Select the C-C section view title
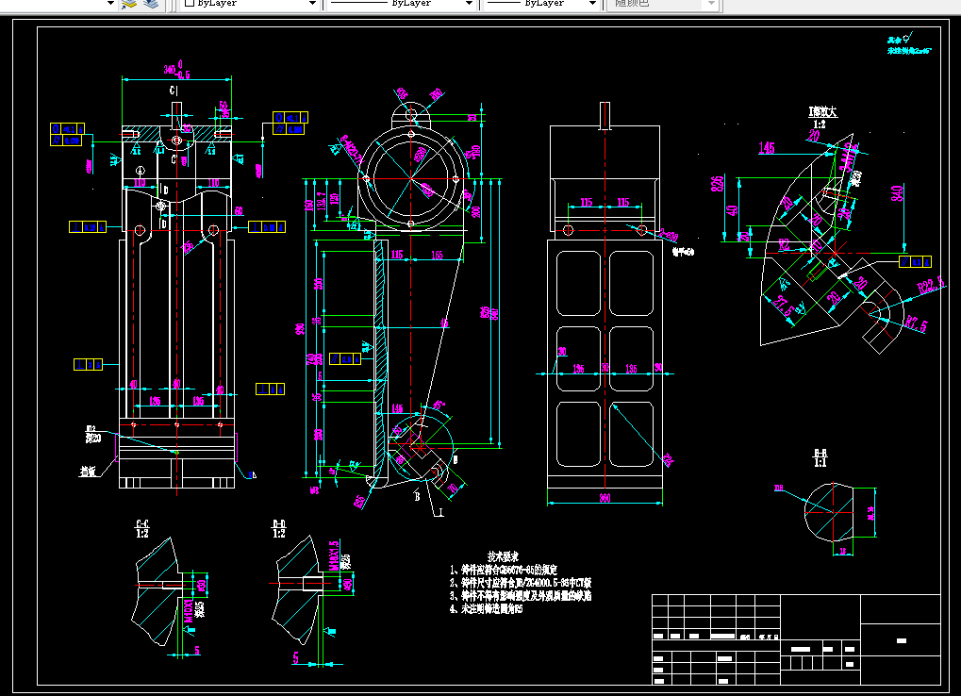point(143,528)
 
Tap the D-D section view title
point(279,528)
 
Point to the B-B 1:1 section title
point(820,458)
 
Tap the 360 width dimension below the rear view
point(604,497)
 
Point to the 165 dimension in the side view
point(437,255)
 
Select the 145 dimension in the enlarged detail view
point(766,147)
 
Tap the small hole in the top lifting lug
point(412,113)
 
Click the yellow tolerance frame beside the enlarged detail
point(915,261)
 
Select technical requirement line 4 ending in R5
point(487,609)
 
